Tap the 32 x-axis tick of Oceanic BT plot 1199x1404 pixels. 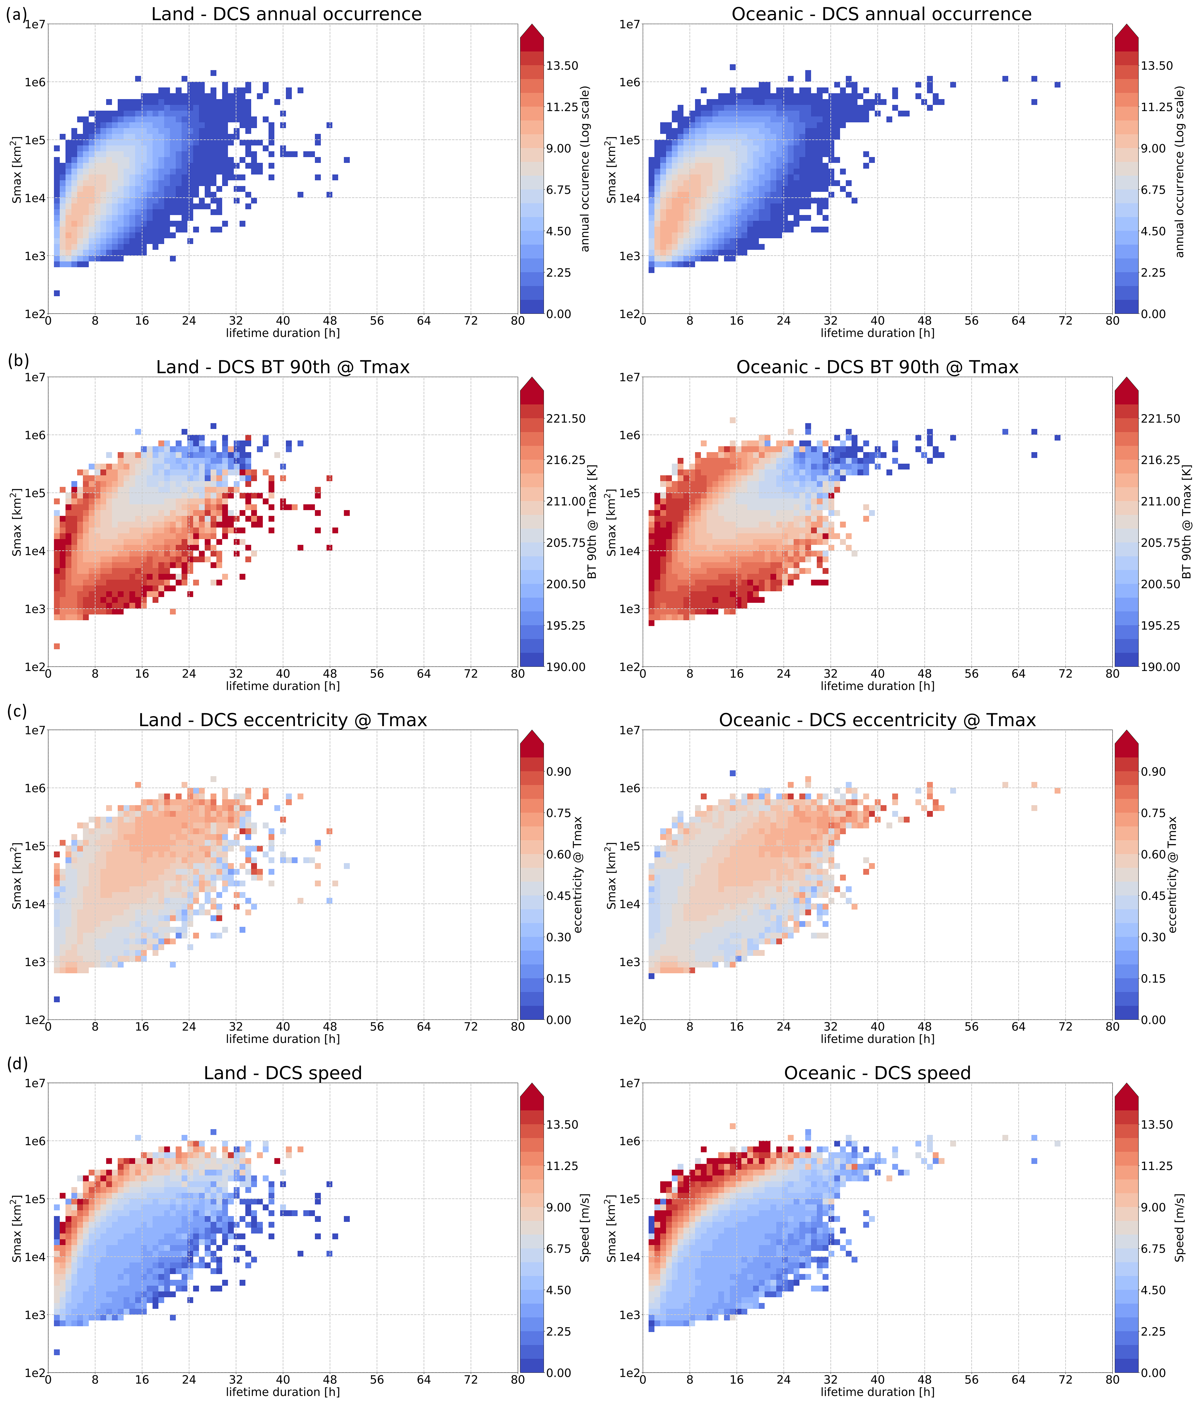coord(830,674)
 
